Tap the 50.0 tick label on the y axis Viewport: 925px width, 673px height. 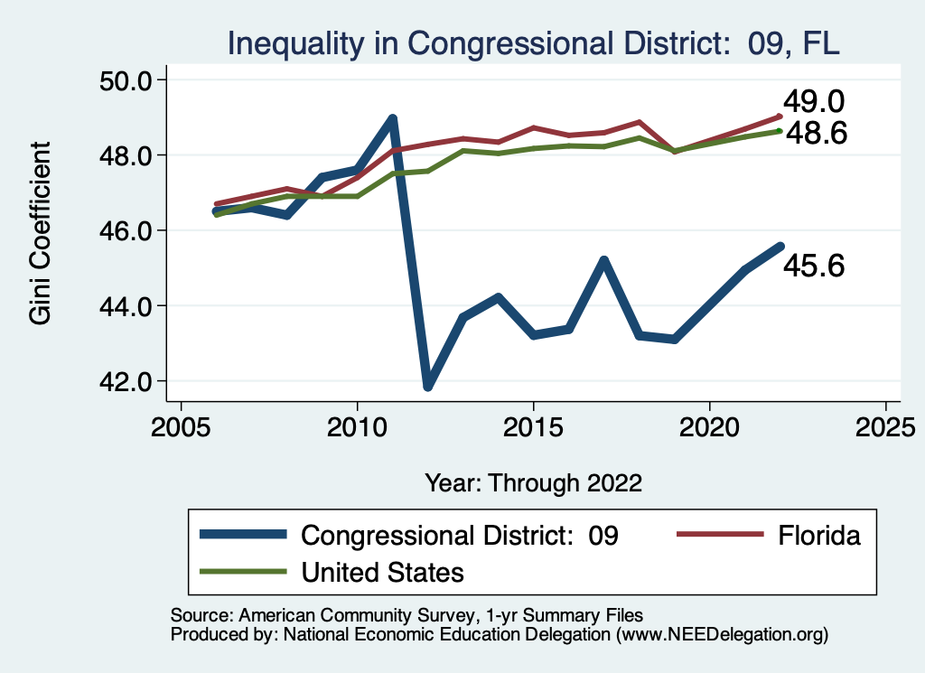point(124,80)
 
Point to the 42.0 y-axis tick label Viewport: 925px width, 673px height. point(124,381)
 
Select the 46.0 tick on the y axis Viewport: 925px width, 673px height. point(124,230)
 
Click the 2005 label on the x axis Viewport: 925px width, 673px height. point(182,425)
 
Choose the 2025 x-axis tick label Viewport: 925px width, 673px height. point(885,425)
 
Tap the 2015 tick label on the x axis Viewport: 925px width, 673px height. point(533,425)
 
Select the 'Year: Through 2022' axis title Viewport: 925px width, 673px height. point(533,482)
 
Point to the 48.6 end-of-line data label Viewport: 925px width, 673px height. point(815,134)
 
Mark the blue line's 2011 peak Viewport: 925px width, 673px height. point(393,119)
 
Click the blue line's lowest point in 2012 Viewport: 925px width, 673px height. point(428,386)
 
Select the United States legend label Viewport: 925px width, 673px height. point(382,572)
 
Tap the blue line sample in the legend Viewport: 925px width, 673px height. point(244,536)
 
